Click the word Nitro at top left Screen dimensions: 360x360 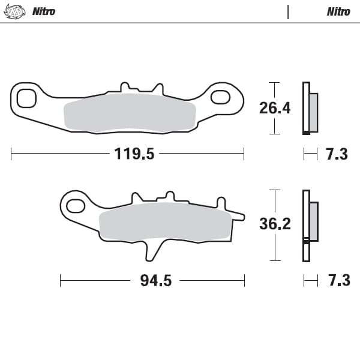click(x=43, y=11)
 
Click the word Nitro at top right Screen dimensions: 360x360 click(x=339, y=11)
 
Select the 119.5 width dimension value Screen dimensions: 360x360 click(x=134, y=154)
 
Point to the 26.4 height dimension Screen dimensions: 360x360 click(x=275, y=108)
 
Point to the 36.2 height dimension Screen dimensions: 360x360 click(x=275, y=224)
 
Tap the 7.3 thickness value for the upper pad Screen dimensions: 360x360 click(x=337, y=154)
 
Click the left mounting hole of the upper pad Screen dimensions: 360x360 click(x=26, y=97)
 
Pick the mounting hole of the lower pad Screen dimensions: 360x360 click(x=75, y=206)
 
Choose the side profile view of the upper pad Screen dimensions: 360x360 click(x=310, y=108)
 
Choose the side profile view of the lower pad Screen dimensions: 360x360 click(x=310, y=224)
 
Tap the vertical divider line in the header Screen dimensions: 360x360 click(x=288, y=11)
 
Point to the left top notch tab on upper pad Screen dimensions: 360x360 click(x=125, y=87)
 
